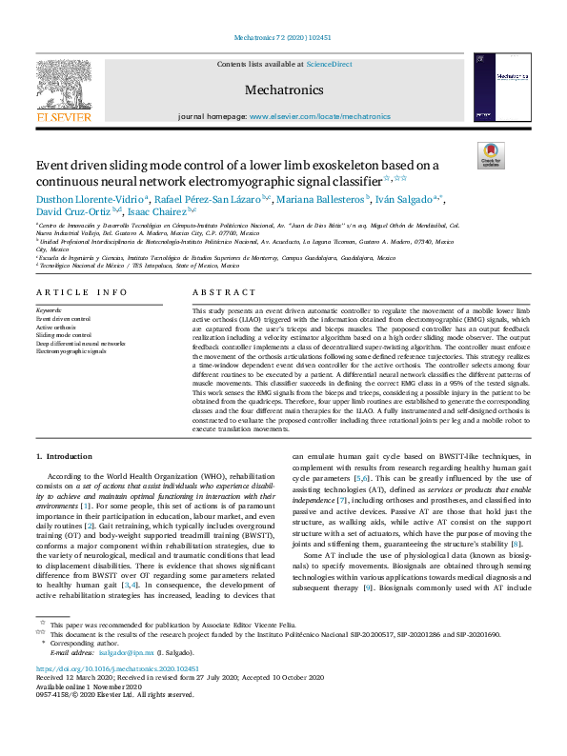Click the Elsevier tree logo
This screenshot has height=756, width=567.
coord(64,86)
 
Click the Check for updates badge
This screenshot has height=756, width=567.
coord(491,155)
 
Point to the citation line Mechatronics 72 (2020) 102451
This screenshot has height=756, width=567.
coord(283,38)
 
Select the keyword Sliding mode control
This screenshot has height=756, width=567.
coord(64,335)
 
